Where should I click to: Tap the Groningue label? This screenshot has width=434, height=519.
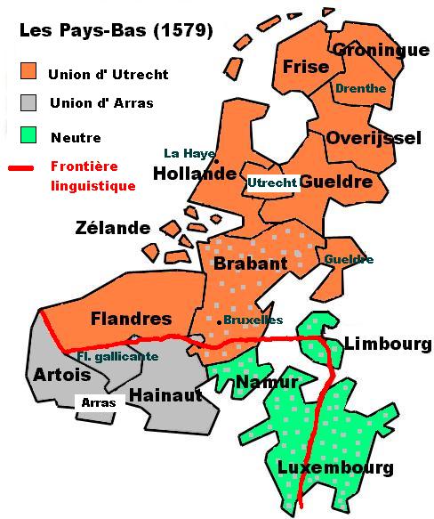[x=381, y=50]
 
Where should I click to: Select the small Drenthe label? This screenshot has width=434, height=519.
[x=360, y=88]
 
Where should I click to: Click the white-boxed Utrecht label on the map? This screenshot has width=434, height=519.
[x=271, y=182]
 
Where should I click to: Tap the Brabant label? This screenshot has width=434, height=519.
[x=250, y=264]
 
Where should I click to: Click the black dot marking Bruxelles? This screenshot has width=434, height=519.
[x=220, y=320]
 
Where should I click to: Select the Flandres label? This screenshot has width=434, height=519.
[x=131, y=318]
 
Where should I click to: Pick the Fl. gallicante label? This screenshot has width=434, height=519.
[x=117, y=355]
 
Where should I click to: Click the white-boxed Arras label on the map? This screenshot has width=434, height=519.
[x=98, y=403]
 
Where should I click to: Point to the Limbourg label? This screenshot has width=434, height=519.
[x=387, y=345]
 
